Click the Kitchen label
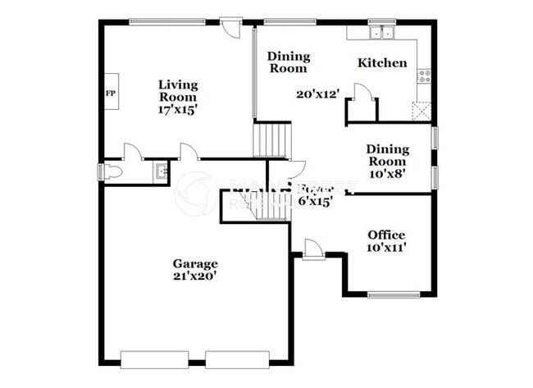[382, 62]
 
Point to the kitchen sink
[380, 34]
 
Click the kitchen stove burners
[425, 76]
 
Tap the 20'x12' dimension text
[317, 94]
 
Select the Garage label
[195, 263]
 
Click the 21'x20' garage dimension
[195, 276]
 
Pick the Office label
[385, 235]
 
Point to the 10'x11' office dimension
[385, 247]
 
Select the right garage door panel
[237, 359]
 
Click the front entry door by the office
[312, 249]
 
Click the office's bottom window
[394, 294]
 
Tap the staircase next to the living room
[271, 139]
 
